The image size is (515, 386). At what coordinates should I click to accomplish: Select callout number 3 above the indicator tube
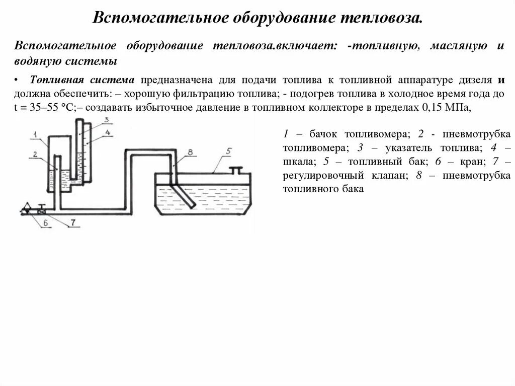pyautogui.click(x=106, y=119)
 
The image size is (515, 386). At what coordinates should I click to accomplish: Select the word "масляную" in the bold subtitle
pyautogui.click(x=458, y=46)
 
